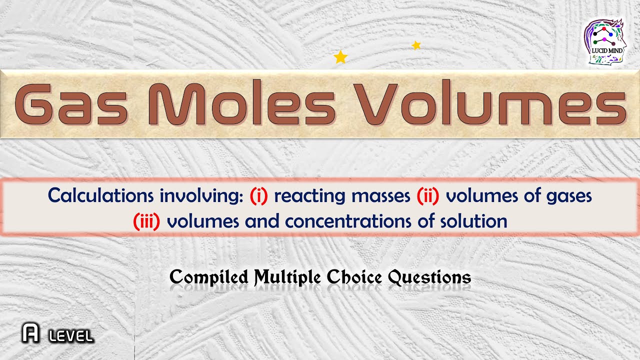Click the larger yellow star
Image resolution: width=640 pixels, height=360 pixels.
340,57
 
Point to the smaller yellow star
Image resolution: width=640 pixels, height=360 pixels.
416,45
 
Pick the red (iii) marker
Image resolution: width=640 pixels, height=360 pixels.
146,221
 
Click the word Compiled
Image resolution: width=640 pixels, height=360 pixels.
209,277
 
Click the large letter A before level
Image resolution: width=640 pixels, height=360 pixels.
31,334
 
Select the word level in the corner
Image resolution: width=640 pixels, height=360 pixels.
71,336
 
